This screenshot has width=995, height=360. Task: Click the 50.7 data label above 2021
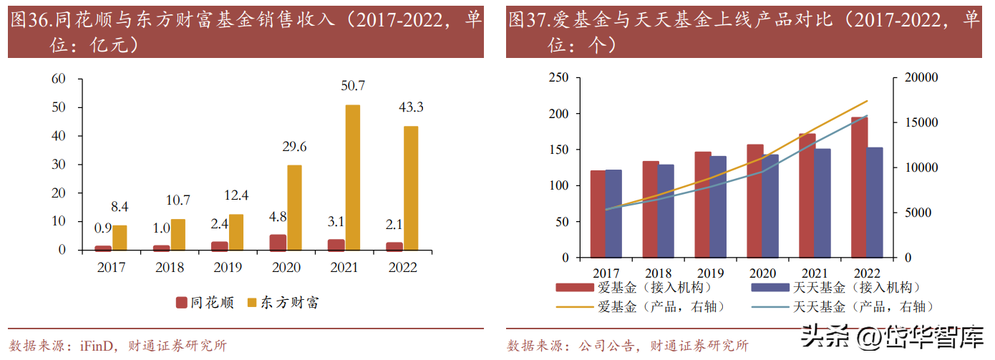click(x=353, y=86)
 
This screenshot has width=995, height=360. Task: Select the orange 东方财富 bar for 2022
click(x=411, y=188)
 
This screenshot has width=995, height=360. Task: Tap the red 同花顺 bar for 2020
click(x=278, y=243)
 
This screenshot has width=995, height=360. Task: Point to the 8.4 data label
click(x=120, y=208)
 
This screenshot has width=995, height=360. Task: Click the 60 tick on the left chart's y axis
click(x=59, y=79)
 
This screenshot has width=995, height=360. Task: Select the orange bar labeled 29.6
click(x=294, y=208)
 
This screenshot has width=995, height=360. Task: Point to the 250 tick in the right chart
click(x=558, y=78)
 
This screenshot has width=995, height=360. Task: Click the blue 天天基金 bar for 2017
click(x=613, y=213)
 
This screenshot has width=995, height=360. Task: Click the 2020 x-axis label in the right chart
click(x=762, y=273)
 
